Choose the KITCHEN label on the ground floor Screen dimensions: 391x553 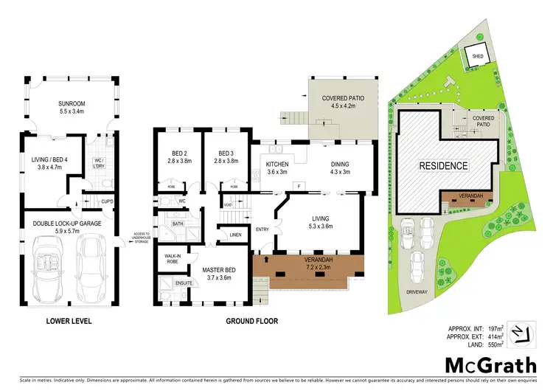pyautogui.click(x=277, y=165)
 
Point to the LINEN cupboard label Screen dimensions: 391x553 pyautogui.click(x=236, y=235)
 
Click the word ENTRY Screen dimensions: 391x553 pyautogui.click(x=262, y=229)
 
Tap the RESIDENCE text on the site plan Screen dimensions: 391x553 pyautogui.click(x=444, y=165)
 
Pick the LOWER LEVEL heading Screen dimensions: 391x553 pyautogui.click(x=67, y=321)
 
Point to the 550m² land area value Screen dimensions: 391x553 pyautogui.click(x=495, y=344)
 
